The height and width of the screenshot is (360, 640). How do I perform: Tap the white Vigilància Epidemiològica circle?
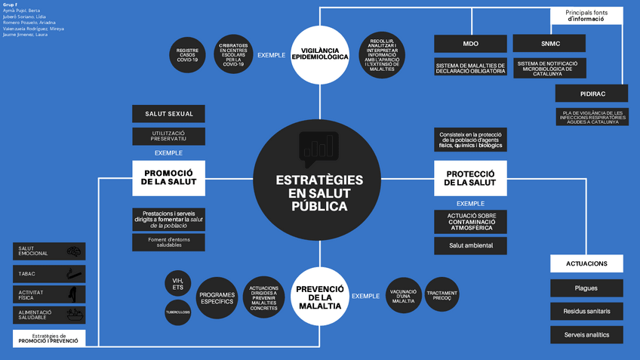pos(319,54)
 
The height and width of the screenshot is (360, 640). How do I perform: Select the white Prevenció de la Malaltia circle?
pos(319,296)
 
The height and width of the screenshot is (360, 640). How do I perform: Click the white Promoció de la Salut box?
pos(169,177)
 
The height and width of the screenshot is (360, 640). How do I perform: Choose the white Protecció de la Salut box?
pos(470,177)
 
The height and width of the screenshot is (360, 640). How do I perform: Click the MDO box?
pos(470,43)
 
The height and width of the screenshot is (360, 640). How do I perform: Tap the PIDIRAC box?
pos(592,94)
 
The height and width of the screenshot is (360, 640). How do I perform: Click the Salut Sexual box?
pos(169,114)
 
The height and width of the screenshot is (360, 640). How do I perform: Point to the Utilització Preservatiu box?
pos(169,136)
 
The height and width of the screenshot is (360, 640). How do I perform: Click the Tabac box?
pos(50,273)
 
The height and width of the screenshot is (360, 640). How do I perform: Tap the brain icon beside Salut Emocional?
pos(74,251)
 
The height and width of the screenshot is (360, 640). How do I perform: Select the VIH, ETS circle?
pos(178,284)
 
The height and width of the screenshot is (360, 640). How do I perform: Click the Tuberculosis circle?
pos(178,312)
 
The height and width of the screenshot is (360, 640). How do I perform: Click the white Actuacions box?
pos(586,263)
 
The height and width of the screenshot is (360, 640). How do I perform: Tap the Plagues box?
pos(586,288)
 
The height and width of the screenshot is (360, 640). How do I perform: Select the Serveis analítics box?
pos(586,334)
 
